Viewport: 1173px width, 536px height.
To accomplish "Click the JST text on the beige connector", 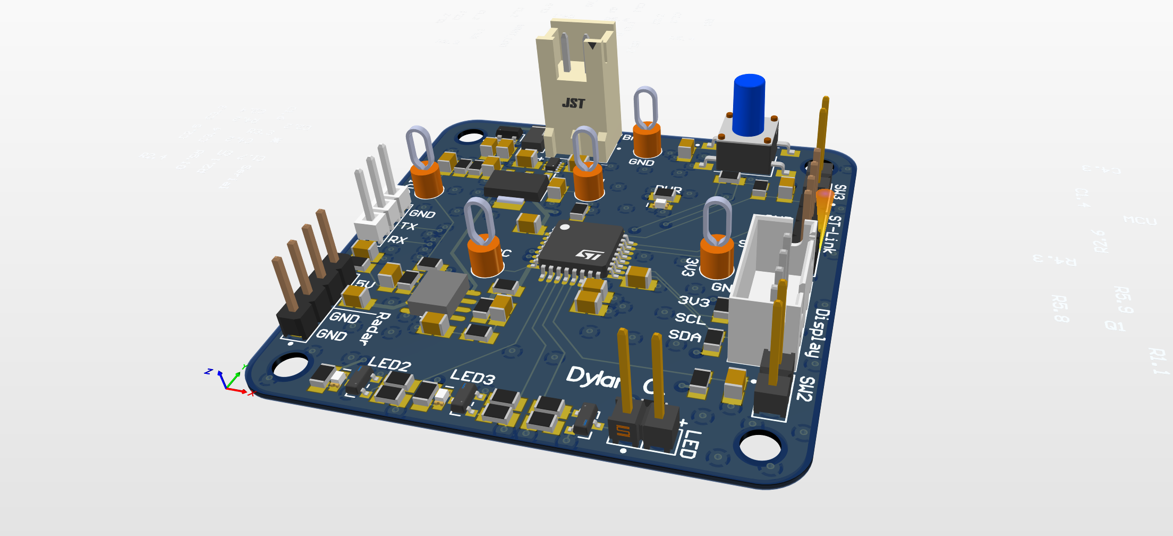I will click(574, 103).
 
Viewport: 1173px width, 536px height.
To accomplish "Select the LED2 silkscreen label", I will click(389, 364).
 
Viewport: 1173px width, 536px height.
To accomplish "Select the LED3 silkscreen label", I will click(472, 377).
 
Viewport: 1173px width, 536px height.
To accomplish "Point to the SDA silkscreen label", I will click(685, 336).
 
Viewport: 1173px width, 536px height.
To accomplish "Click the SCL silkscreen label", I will click(690, 319).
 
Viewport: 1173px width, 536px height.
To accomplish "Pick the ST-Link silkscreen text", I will click(832, 234).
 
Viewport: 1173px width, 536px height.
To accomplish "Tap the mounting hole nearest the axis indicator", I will click(290, 366).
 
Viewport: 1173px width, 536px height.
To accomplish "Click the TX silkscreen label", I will click(408, 227).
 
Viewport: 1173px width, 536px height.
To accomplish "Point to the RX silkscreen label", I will click(397, 240).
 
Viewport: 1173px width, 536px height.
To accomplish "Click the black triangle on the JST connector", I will click(592, 46).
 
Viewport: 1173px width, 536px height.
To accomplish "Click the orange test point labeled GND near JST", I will click(647, 139).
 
